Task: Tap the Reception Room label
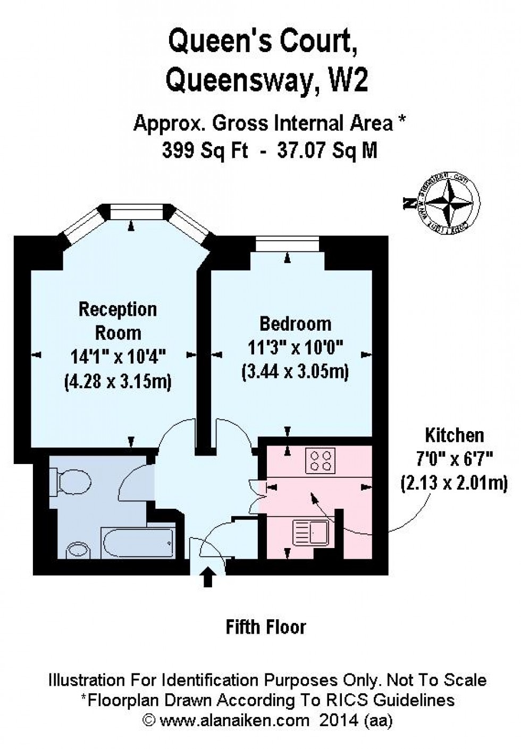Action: (x=117, y=321)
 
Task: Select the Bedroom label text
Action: (x=295, y=323)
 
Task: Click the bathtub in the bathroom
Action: (x=138, y=543)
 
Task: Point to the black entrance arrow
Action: (x=208, y=577)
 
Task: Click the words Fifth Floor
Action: (x=266, y=627)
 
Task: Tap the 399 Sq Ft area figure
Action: (x=205, y=151)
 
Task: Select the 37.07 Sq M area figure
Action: (x=327, y=151)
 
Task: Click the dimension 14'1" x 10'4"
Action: (x=118, y=356)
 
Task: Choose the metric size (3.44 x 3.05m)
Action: (x=295, y=371)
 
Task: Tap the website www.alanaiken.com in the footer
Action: (x=234, y=720)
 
